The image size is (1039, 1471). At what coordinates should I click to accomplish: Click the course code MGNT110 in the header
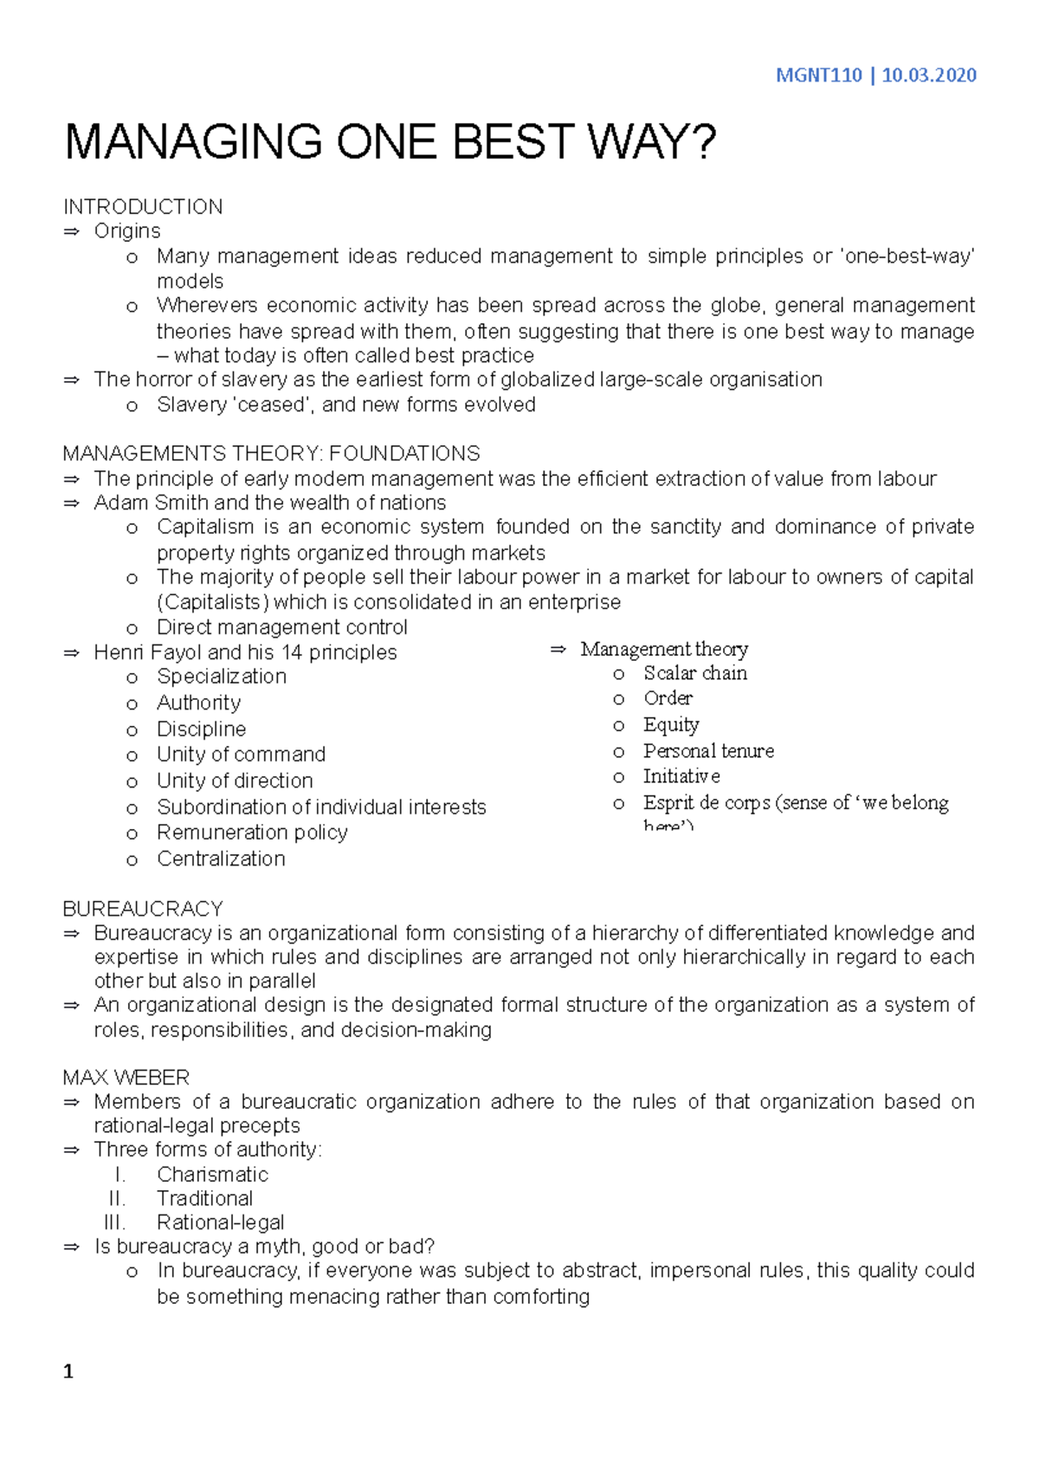pyautogui.click(x=818, y=75)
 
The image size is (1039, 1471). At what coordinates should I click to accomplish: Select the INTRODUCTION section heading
pyautogui.click(x=143, y=207)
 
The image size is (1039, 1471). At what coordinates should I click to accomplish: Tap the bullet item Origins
pyautogui.click(x=127, y=231)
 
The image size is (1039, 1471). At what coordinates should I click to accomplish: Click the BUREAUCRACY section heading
pyautogui.click(x=143, y=909)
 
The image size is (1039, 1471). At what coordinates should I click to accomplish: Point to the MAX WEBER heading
pyautogui.click(x=126, y=1078)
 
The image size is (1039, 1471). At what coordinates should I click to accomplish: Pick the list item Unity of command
pyautogui.click(x=241, y=755)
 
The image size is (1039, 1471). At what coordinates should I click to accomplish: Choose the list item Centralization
pyautogui.click(x=221, y=859)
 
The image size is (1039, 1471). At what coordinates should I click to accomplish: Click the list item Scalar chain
pyautogui.click(x=694, y=673)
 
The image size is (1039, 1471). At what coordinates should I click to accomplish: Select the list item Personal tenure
pyautogui.click(x=708, y=751)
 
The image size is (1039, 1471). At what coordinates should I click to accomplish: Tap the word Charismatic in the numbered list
pyautogui.click(x=212, y=1175)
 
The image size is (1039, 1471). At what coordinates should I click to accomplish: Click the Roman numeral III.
pyautogui.click(x=114, y=1222)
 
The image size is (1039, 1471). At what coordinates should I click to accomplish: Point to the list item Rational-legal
pyautogui.click(x=220, y=1222)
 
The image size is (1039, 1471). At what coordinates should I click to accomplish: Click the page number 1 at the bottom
pyautogui.click(x=68, y=1372)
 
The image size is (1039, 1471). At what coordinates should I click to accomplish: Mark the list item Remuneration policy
pyautogui.click(x=252, y=833)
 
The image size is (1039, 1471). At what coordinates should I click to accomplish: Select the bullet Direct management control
pyautogui.click(x=281, y=627)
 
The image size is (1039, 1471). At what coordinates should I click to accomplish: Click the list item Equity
pyautogui.click(x=671, y=725)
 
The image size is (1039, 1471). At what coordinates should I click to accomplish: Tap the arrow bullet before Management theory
pyautogui.click(x=558, y=650)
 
